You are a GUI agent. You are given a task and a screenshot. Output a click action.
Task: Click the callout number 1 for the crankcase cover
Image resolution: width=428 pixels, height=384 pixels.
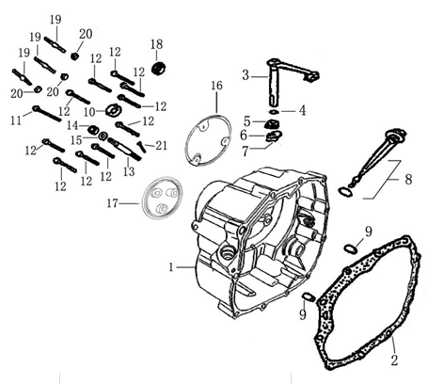point(171,267)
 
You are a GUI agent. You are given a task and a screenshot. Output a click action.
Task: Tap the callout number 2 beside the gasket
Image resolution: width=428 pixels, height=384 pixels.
point(394,360)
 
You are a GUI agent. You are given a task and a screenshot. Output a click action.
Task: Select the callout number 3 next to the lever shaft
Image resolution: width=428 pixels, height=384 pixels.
point(246,75)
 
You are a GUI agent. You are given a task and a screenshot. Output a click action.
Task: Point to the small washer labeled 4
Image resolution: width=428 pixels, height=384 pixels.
point(274,112)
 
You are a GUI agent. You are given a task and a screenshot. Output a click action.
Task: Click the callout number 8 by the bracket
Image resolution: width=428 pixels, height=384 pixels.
point(408,180)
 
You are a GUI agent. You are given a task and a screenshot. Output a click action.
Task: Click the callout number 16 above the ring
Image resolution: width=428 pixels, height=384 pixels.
point(216,86)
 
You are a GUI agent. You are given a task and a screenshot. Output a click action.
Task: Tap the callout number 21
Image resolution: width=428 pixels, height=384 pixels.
point(161,146)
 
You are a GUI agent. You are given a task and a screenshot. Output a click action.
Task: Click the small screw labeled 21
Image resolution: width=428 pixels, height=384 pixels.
point(141,147)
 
